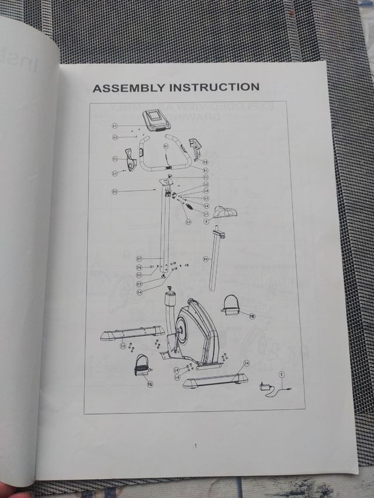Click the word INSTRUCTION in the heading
coord(214,87)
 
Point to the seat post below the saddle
coord(216,259)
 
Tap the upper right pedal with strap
coord(230,305)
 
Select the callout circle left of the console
coord(115,126)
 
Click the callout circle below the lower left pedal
coord(150,384)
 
